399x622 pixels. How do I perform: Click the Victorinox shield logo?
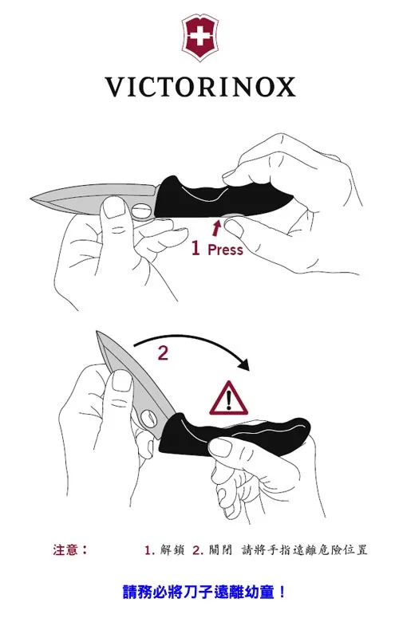coord(200,37)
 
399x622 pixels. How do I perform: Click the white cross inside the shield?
coord(200,37)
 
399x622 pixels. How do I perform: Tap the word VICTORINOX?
coord(200,87)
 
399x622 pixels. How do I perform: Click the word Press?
coord(225,250)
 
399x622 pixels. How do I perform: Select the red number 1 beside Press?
coord(196,248)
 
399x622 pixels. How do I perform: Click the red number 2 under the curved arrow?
coord(163,353)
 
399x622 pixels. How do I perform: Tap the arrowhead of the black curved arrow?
coord(243,364)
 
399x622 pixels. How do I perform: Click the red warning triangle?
coord(229,398)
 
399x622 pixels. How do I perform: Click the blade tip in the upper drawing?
coord(32,197)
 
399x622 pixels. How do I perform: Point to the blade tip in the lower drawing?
coord(97,333)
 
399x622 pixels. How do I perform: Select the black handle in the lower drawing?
coord(235,436)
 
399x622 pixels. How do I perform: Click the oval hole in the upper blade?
coord(140,211)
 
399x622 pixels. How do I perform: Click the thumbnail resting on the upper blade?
coord(114,207)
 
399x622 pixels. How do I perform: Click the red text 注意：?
coord(71,549)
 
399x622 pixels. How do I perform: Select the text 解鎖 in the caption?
coord(172,550)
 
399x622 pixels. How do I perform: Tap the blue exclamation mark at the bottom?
coord(282,592)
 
